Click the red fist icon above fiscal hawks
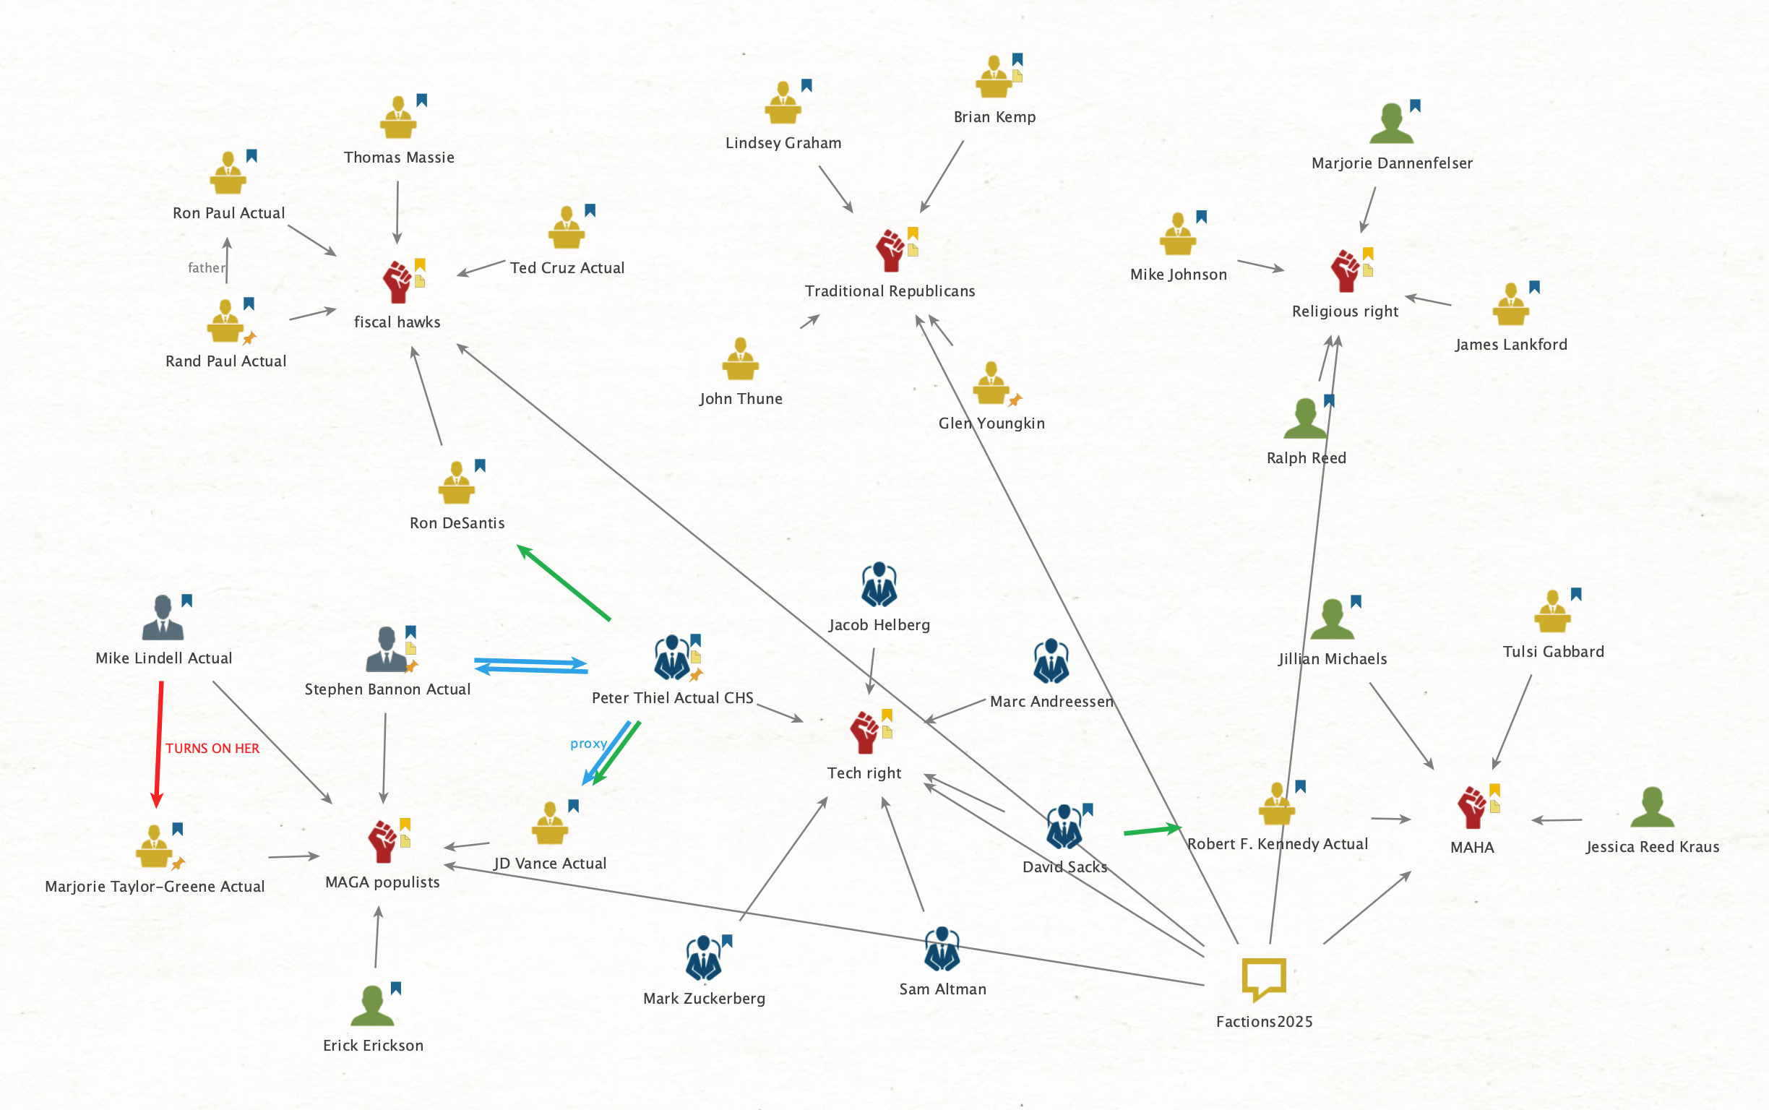click(x=397, y=283)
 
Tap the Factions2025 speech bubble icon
click(x=1263, y=978)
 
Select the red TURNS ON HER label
click(x=212, y=748)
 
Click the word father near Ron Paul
click(x=206, y=268)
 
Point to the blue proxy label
click(x=588, y=744)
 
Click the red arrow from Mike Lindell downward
click(x=158, y=741)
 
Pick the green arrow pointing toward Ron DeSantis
click(x=564, y=583)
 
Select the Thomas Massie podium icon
click(x=399, y=119)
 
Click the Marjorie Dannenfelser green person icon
click(x=1391, y=124)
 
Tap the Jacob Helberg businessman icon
click(x=879, y=585)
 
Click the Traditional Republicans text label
click(x=890, y=291)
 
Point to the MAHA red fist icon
click(x=1472, y=807)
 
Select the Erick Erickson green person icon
click(x=373, y=1007)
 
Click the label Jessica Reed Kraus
click(x=1651, y=847)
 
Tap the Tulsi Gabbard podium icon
click(x=1551, y=612)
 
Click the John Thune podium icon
click(x=740, y=360)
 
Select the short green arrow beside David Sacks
click(x=1151, y=830)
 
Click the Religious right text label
click(x=1345, y=311)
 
